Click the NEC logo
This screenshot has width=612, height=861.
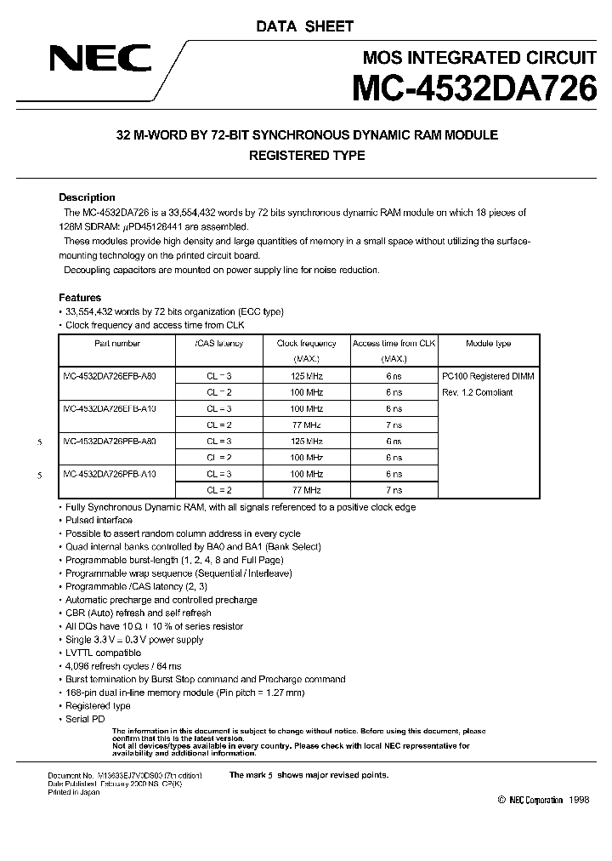(x=99, y=59)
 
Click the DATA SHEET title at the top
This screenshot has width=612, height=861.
(x=304, y=26)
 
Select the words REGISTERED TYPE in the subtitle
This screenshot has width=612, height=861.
(x=306, y=156)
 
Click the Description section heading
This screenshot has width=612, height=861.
(x=87, y=197)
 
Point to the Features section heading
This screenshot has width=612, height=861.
(x=80, y=298)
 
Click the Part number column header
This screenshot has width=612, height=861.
(x=116, y=344)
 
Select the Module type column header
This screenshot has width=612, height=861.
(x=488, y=344)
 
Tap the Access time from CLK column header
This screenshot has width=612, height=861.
(x=394, y=344)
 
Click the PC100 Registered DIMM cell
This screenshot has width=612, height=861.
(x=488, y=375)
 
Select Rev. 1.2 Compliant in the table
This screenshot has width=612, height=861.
(x=477, y=392)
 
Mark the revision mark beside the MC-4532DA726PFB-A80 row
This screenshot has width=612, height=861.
(x=40, y=442)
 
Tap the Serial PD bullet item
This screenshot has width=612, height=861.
(x=86, y=719)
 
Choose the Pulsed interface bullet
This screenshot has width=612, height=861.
(x=99, y=520)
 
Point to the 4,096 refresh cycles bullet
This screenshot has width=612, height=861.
(x=123, y=666)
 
